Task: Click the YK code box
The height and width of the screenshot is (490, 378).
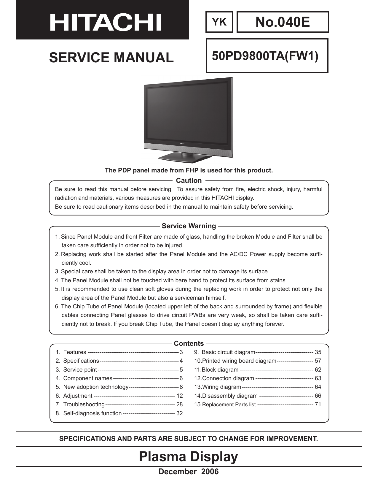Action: coord(219,22)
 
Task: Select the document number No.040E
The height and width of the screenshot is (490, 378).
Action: coord(283,22)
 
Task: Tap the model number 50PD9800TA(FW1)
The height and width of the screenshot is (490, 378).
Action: coord(265,56)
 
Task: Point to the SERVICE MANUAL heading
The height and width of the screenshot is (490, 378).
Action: coord(111,58)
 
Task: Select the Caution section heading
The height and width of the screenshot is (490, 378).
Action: coord(189,180)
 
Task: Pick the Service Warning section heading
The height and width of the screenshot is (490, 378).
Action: coord(189,226)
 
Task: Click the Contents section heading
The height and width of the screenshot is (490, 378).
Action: coord(189,343)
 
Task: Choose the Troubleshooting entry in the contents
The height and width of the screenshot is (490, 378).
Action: coord(84,405)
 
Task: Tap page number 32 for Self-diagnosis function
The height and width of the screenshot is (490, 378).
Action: coord(179,413)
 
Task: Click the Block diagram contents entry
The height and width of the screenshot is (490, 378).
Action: coord(220,370)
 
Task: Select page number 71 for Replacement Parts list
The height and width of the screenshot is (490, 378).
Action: coord(318,405)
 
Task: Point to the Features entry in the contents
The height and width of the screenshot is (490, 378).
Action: coord(74,352)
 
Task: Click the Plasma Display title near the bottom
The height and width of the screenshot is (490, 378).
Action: coord(189,457)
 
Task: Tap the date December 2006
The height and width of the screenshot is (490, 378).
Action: coord(189,472)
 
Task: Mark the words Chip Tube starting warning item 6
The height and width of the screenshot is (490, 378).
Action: coord(86,307)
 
